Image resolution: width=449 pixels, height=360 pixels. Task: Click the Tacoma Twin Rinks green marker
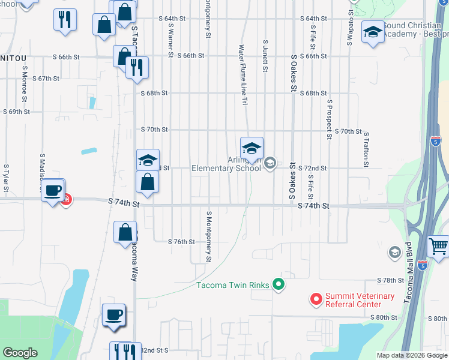click(x=278, y=284)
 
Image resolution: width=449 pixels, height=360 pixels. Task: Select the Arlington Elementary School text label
click(x=226, y=164)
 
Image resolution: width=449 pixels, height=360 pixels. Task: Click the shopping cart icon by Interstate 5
click(x=438, y=246)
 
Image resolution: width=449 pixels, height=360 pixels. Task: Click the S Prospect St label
click(x=330, y=119)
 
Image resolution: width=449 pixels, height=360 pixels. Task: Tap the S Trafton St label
click(x=366, y=149)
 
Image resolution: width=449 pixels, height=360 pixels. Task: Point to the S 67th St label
click(x=46, y=79)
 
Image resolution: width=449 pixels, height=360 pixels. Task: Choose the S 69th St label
click(x=16, y=112)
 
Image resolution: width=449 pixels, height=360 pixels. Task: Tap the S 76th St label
click(x=181, y=242)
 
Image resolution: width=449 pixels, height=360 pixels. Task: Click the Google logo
click(x=20, y=353)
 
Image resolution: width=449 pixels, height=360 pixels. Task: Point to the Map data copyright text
click(x=412, y=355)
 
